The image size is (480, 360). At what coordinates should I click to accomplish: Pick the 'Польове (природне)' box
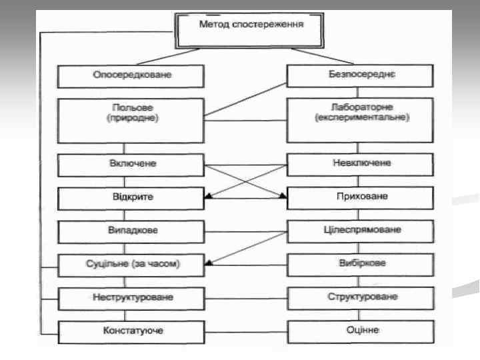[131, 120]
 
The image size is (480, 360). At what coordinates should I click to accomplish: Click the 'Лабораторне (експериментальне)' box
[361, 120]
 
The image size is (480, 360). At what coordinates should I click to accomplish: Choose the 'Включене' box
[131, 164]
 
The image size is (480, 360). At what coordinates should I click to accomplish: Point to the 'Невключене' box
[361, 164]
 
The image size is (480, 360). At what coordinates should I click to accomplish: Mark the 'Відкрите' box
[131, 198]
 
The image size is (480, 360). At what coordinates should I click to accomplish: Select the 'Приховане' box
[361, 198]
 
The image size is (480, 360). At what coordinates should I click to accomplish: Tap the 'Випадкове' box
[131, 231]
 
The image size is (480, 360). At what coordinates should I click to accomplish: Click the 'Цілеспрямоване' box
[361, 231]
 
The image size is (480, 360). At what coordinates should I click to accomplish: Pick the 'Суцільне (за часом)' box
[131, 265]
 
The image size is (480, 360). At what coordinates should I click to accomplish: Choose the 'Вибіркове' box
[361, 265]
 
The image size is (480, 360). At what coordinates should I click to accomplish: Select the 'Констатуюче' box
[131, 331]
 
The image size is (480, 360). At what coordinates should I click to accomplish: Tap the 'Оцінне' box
[361, 331]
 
